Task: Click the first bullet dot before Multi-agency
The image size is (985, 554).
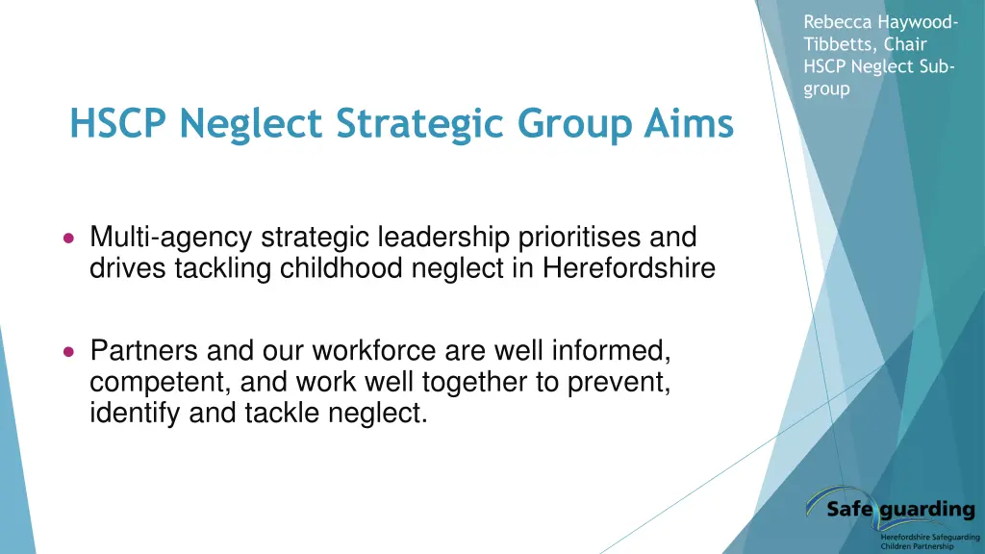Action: click(x=67, y=237)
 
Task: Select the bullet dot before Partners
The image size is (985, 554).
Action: click(x=67, y=351)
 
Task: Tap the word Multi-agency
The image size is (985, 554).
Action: click(x=171, y=237)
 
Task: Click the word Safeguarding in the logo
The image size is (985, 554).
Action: click(x=901, y=509)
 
